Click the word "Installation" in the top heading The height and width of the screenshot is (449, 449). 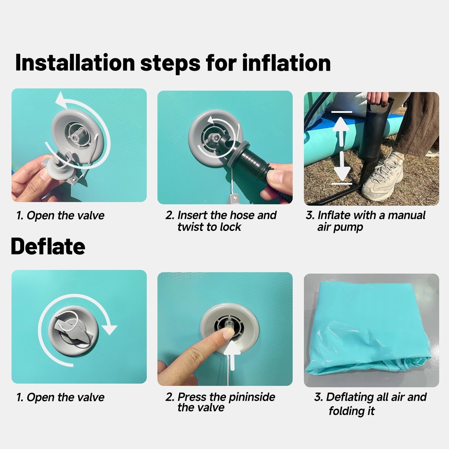(75, 63)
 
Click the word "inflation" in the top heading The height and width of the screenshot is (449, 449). (286, 63)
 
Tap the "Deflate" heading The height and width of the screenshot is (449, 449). (48, 246)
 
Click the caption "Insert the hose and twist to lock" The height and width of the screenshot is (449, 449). (221, 221)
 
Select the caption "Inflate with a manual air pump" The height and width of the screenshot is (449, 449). (366, 221)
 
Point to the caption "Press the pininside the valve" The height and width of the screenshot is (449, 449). (220, 402)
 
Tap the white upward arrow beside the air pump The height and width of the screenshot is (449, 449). (341, 131)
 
